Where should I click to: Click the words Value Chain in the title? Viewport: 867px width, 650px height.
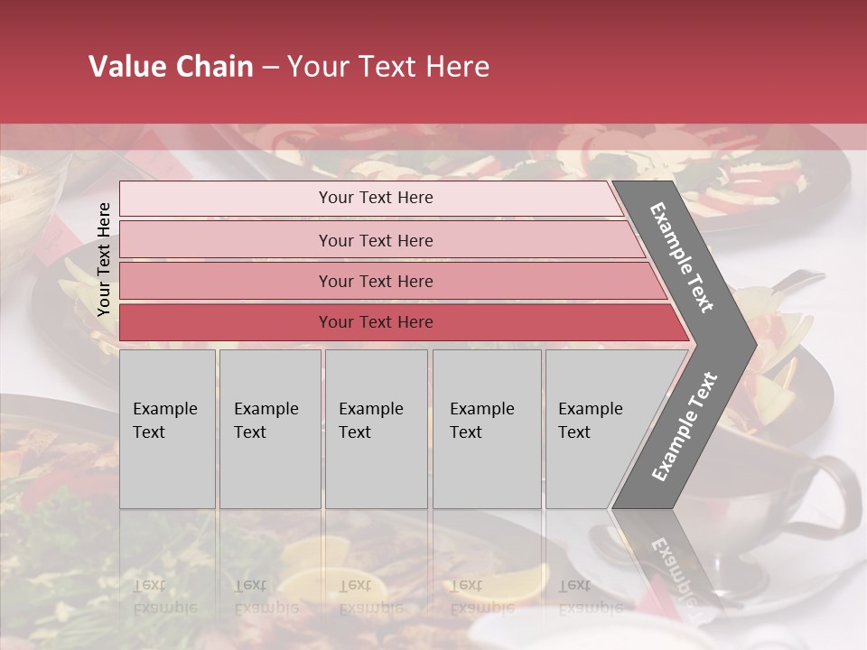(171, 67)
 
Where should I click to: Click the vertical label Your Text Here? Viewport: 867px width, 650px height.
(104, 259)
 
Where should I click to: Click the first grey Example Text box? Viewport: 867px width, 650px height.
(167, 429)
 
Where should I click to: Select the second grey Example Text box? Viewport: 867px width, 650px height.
(269, 429)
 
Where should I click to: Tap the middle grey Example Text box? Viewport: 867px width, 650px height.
(376, 429)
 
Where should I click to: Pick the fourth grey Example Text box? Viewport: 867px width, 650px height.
(486, 429)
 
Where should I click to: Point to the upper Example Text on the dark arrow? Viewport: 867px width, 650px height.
(682, 257)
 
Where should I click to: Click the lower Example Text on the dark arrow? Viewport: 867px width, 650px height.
(685, 426)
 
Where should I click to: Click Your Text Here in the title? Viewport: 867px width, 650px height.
(388, 67)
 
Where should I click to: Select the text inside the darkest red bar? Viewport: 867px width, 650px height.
(376, 322)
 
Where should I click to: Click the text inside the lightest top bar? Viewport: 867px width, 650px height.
(376, 198)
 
